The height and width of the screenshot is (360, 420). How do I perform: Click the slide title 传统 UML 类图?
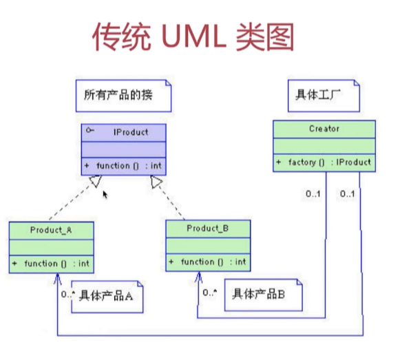pos(193,36)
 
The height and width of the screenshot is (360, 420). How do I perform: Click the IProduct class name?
pos(131,132)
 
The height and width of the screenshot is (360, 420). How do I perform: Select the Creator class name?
pos(324,129)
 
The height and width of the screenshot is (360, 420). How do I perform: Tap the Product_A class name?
pos(51,230)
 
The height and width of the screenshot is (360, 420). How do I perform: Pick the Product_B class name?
pos(207,229)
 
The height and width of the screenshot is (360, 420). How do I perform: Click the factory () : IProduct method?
pos(324,162)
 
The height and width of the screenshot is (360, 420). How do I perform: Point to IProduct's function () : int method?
pos(123,166)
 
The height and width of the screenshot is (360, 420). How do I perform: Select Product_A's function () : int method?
pos(51,264)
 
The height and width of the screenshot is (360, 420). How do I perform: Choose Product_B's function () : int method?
pos(207,262)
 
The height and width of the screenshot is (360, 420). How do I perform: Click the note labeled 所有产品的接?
pos(123,96)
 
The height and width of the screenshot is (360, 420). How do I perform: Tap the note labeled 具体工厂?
pos(324,96)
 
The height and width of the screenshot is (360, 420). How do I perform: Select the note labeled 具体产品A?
pos(107,297)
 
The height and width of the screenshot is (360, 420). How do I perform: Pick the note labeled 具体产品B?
pos(263,295)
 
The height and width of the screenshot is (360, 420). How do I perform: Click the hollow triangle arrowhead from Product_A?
pos(96,181)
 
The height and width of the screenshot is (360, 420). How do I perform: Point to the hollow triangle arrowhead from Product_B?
pos(156,182)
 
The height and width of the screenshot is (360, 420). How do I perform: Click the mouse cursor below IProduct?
pos(105,195)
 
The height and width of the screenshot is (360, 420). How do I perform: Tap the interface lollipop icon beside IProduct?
pos(90,131)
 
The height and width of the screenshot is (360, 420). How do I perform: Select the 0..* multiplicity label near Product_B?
pos(210,293)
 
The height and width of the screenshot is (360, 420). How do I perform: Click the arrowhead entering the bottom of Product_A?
pos(57,279)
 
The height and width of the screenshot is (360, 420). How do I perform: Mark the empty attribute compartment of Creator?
pos(324,146)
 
